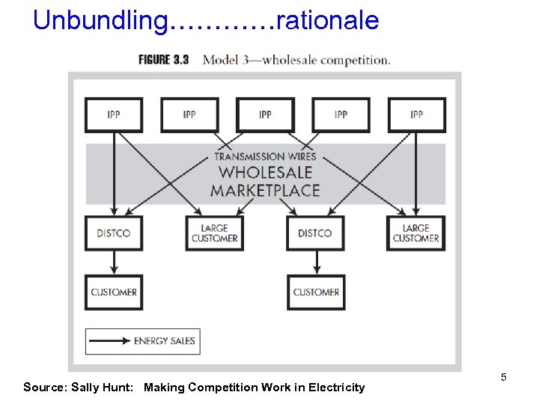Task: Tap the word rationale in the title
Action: click(327, 20)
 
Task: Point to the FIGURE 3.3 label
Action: click(163, 60)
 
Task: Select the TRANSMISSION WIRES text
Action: click(265, 156)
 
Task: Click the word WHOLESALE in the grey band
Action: click(265, 173)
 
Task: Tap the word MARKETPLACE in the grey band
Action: click(265, 190)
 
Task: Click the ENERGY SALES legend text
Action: click(164, 341)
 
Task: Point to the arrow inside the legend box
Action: click(110, 341)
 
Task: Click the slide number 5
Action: click(504, 377)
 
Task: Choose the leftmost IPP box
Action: click(114, 114)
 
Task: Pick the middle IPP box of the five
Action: click(265, 114)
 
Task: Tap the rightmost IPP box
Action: click(416, 114)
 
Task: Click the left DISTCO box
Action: click(114, 233)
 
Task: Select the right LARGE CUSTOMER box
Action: click(416, 233)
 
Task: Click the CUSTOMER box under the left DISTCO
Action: click(114, 292)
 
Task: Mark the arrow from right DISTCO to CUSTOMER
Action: click(316, 263)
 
